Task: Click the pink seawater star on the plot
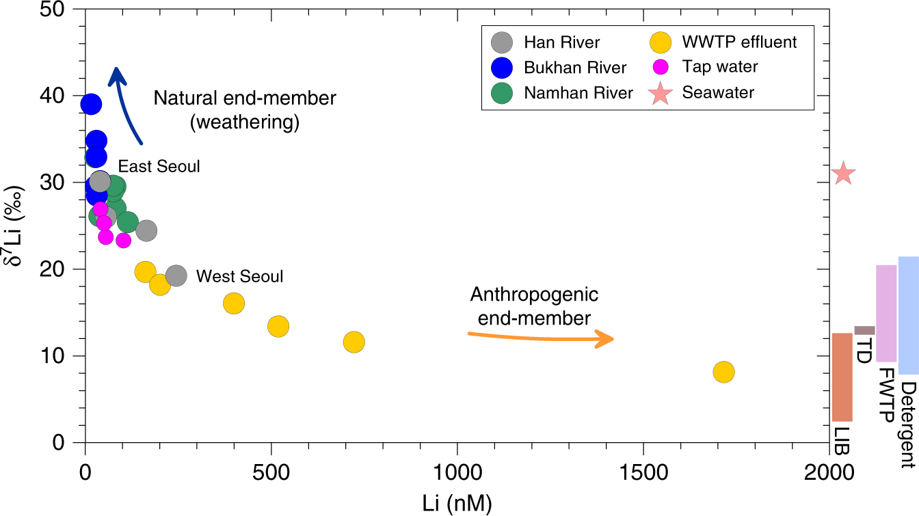pos(844,174)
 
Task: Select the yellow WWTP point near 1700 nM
pos(723,372)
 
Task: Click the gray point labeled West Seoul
pos(176,275)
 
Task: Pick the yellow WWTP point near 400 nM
pos(234,303)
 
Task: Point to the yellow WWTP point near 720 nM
pos(354,342)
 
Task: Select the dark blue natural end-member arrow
pos(126,103)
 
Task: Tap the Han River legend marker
pos(502,42)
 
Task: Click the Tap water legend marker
pos(660,67)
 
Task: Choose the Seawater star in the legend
pos(660,92)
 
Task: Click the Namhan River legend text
pos(578,93)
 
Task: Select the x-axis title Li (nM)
pos(457,503)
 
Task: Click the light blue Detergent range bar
pos(908,315)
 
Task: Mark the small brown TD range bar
pos(864,330)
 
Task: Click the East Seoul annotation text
pos(159,166)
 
